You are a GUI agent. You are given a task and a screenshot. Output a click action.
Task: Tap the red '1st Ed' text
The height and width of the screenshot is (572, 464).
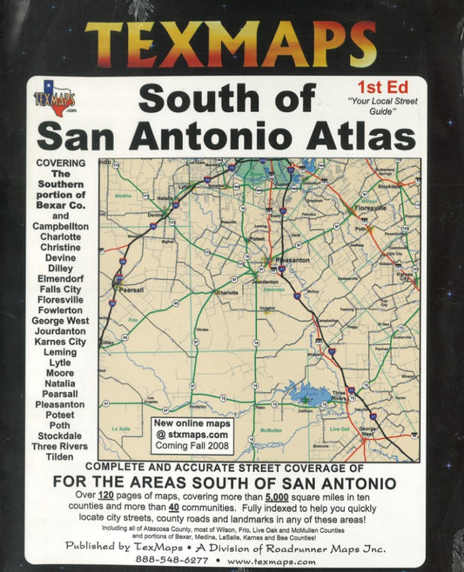380,86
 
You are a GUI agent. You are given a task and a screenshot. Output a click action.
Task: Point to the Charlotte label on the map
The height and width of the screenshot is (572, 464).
227,293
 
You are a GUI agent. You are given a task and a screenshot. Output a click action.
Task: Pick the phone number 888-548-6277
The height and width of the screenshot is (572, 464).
170,561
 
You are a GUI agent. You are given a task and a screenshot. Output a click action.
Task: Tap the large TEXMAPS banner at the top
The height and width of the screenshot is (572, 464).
232,43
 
